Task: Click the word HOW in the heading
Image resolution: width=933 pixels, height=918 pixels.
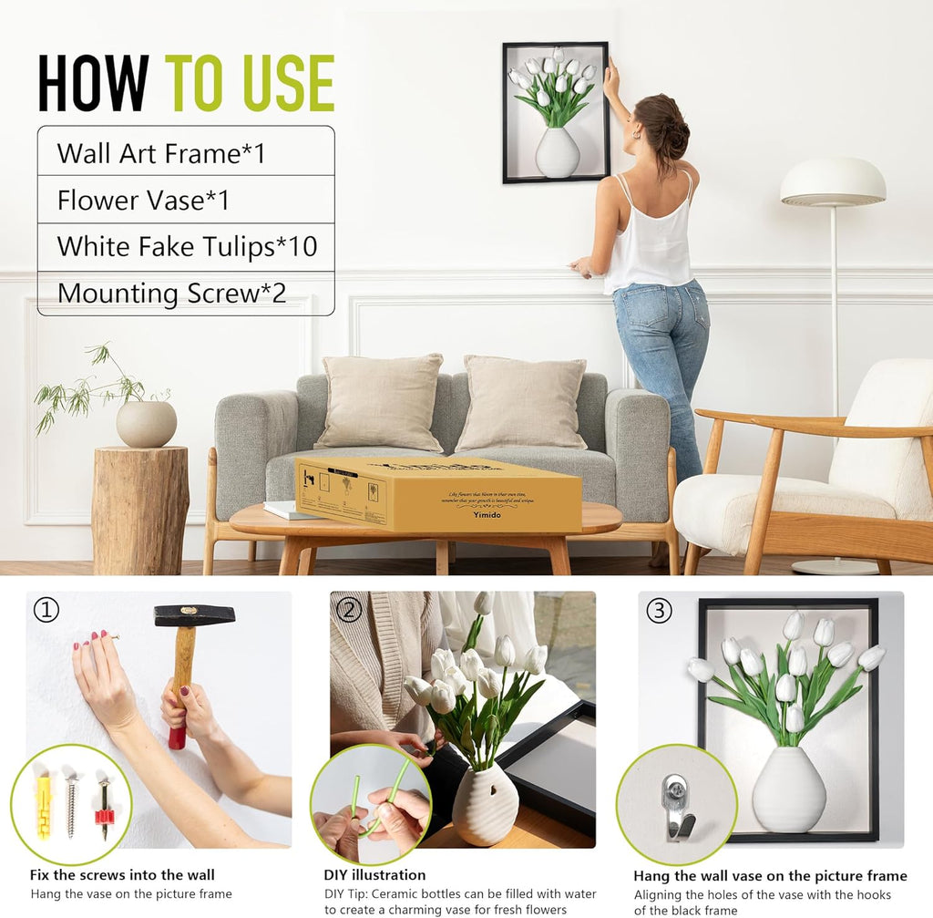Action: pos(93,84)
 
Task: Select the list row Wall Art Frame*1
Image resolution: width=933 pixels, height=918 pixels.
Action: pos(186,152)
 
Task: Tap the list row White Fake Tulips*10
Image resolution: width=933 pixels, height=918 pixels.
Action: pos(186,246)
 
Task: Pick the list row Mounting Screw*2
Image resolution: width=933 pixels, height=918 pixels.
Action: pos(186,294)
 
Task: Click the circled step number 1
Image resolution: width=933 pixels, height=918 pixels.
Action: pos(46,609)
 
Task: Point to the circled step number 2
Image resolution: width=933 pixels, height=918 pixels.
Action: pos(349,609)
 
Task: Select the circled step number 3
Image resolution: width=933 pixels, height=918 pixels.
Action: pos(658,609)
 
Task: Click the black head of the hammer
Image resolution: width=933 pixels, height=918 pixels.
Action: pos(194,615)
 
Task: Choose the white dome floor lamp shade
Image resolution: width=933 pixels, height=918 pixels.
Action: pos(833,182)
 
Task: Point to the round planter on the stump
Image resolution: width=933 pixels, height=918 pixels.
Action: pos(146,424)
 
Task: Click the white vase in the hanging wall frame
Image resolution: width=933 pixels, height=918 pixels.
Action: pos(557,152)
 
